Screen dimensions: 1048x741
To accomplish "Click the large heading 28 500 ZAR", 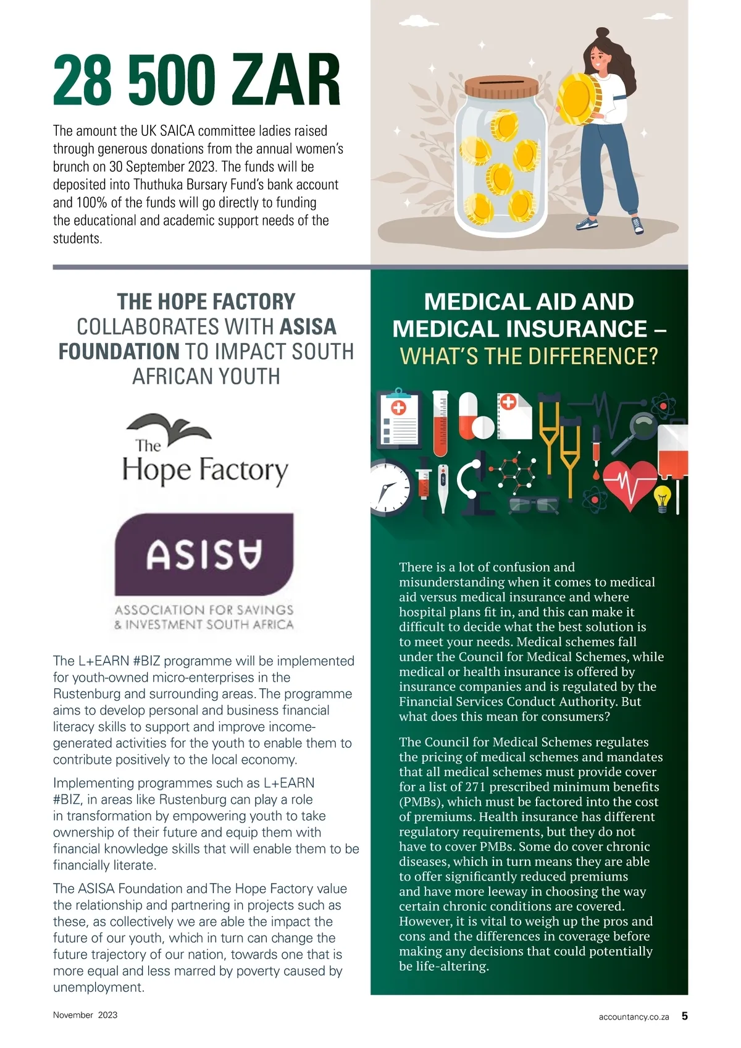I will (x=196, y=80).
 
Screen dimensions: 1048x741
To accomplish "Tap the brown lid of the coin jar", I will (x=501, y=87).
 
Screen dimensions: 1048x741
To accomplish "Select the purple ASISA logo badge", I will (x=204, y=554).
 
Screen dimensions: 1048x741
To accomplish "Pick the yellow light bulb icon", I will (x=662, y=497).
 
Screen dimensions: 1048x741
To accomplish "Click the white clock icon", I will (x=389, y=488).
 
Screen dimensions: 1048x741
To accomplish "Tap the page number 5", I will (x=684, y=1015).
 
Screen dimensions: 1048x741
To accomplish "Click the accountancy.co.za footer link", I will (x=634, y=1016).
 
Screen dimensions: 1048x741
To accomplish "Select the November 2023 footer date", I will (x=85, y=1015).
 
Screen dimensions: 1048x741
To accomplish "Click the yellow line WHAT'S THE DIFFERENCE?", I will (x=529, y=357).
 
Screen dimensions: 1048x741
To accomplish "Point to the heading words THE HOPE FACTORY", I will (x=206, y=302).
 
